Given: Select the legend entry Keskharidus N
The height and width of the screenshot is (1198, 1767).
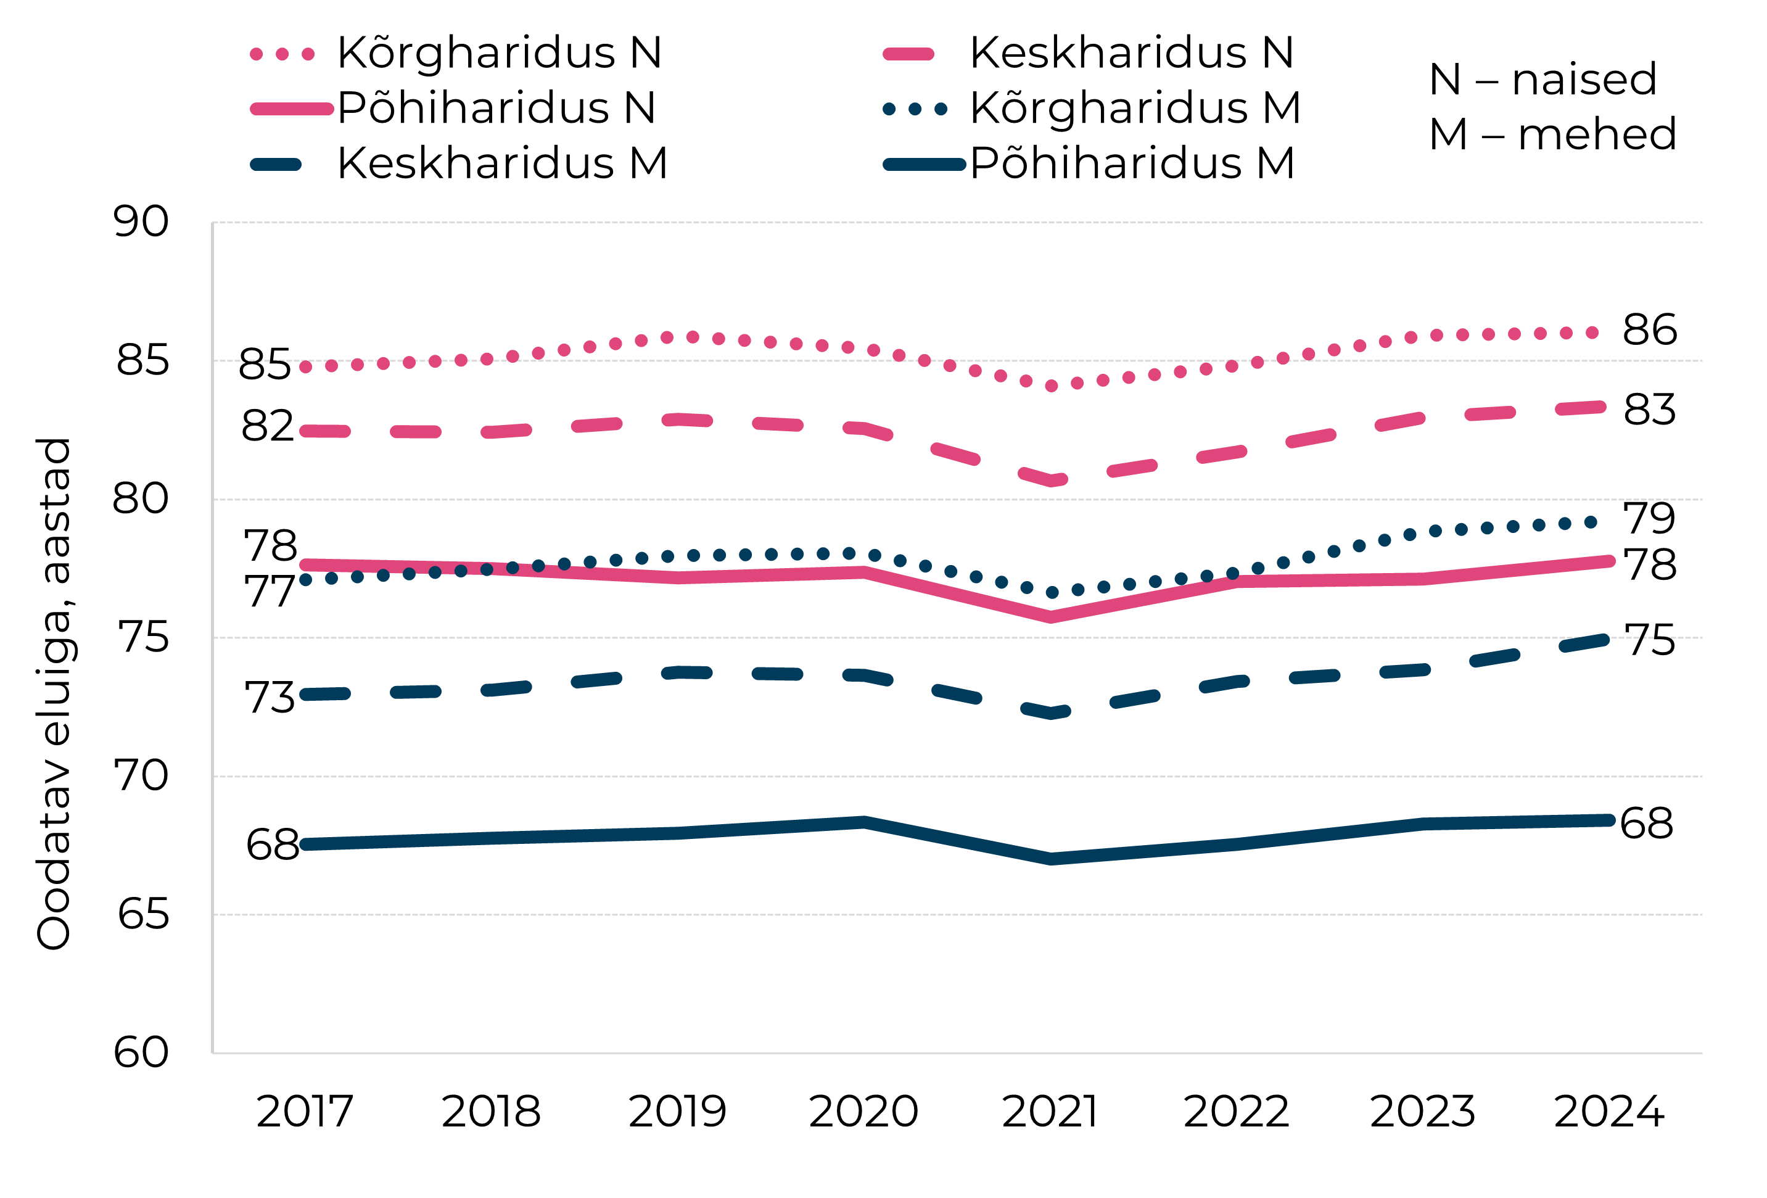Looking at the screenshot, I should [x=1131, y=53].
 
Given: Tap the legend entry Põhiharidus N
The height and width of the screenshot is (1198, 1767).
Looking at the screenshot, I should [x=496, y=108].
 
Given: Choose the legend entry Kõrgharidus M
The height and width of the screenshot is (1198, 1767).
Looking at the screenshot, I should [x=1134, y=108].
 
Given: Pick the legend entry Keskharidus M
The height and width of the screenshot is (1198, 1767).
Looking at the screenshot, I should [x=502, y=163].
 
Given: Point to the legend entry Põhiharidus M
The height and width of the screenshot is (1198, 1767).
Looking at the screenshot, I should [x=1131, y=163].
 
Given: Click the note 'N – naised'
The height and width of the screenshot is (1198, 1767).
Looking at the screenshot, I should [x=1542, y=79].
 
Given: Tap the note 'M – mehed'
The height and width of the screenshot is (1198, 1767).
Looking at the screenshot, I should [x=1552, y=134].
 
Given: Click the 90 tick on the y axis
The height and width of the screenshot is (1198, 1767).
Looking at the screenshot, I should [x=141, y=222].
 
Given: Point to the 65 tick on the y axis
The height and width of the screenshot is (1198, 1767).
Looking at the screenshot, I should [x=142, y=914].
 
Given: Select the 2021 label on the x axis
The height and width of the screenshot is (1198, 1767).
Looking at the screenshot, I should [x=1050, y=1112].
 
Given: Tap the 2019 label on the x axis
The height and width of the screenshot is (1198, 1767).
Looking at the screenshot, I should [x=677, y=1112].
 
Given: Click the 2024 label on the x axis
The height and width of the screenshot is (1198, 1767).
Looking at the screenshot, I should [x=1609, y=1112].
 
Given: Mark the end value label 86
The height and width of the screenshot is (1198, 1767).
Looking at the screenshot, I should [x=1649, y=330].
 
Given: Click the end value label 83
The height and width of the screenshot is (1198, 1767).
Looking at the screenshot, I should [x=1649, y=410].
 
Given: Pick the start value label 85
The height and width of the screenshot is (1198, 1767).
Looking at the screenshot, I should [x=265, y=365].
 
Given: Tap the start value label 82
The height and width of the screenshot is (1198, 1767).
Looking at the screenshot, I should [x=267, y=426].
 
